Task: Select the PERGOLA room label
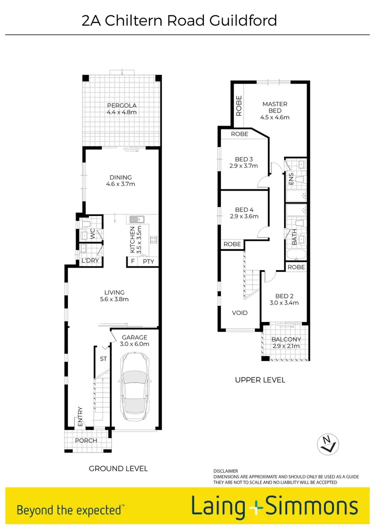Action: (x=121, y=105)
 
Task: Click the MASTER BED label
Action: (x=274, y=107)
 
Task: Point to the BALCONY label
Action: (x=286, y=339)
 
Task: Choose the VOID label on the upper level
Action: (x=239, y=313)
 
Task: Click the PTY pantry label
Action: (x=148, y=261)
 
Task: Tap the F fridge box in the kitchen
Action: (x=132, y=261)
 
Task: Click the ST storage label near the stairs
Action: (x=103, y=358)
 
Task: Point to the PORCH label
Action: (x=85, y=440)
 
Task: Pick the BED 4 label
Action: (x=244, y=209)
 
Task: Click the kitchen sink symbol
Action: (x=136, y=219)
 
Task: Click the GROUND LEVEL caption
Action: (x=118, y=468)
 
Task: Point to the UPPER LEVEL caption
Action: (x=260, y=380)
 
